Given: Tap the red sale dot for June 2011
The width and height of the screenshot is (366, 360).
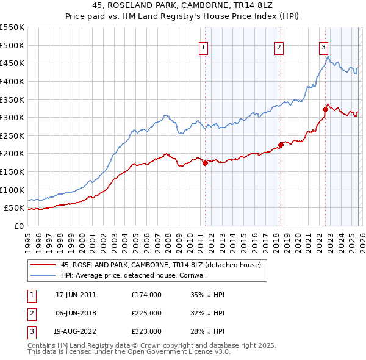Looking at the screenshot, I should coord(206,163).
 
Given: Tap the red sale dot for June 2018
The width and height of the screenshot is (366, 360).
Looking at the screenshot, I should coord(281,145).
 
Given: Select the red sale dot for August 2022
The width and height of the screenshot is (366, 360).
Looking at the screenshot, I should coord(325,109).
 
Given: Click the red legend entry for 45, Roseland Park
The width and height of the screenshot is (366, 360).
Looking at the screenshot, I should coord(161,265).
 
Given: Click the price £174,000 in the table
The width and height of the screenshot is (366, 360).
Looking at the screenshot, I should coord(146,294).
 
